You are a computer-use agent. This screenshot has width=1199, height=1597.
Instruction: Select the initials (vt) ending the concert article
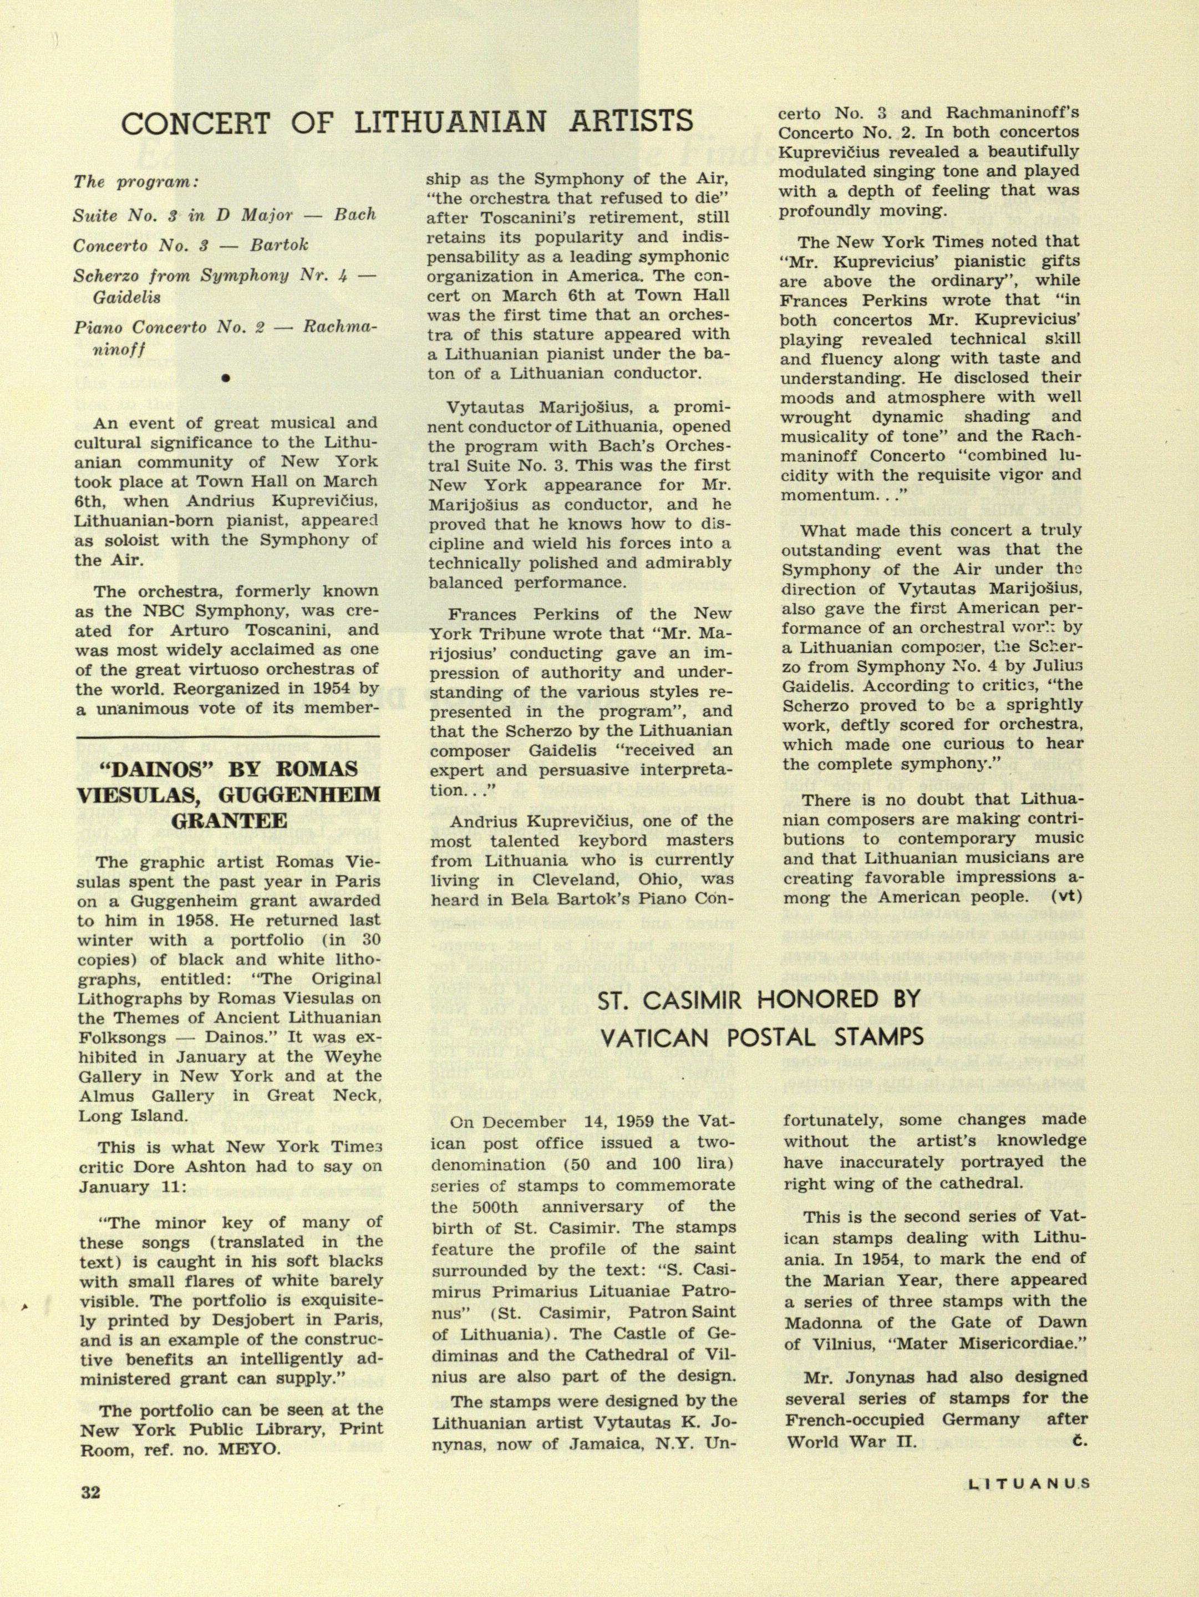coord(1068,897)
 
